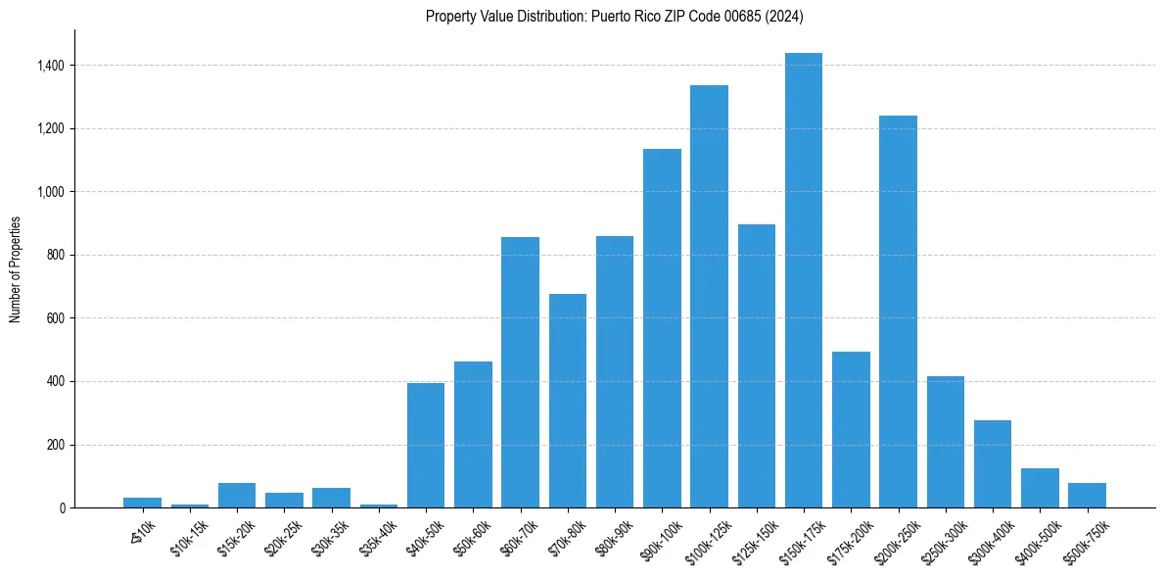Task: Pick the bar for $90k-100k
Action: pos(662,328)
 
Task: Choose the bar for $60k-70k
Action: pos(520,372)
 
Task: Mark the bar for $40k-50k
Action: pos(426,445)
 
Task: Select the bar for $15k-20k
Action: pos(237,495)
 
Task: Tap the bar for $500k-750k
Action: pos(1087,495)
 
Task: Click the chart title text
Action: pos(615,17)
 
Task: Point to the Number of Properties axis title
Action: pos(15,269)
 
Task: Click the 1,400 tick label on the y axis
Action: pos(50,66)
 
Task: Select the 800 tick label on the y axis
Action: pos(56,255)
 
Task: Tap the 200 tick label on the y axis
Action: pos(56,445)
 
